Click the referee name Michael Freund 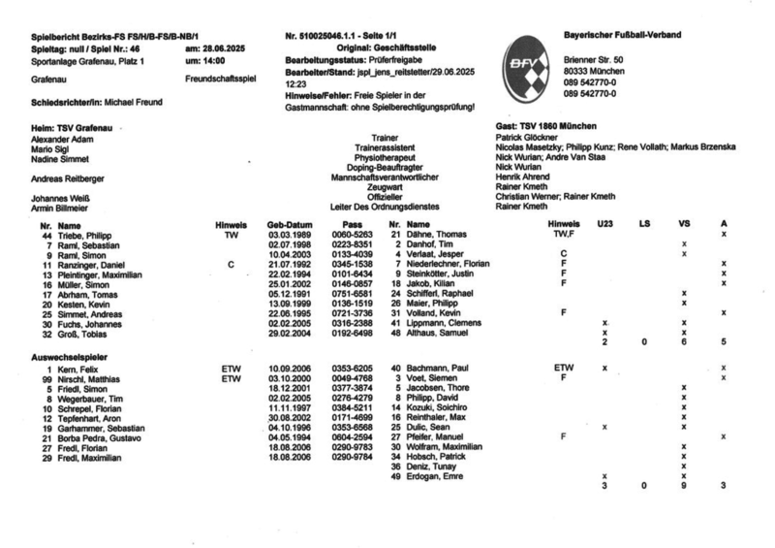point(136,101)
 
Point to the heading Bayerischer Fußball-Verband point(622,35)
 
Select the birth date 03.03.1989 point(288,236)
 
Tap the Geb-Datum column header point(288,226)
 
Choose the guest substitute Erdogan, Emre point(436,476)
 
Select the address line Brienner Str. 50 point(593,61)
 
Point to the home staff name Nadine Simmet point(60,157)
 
